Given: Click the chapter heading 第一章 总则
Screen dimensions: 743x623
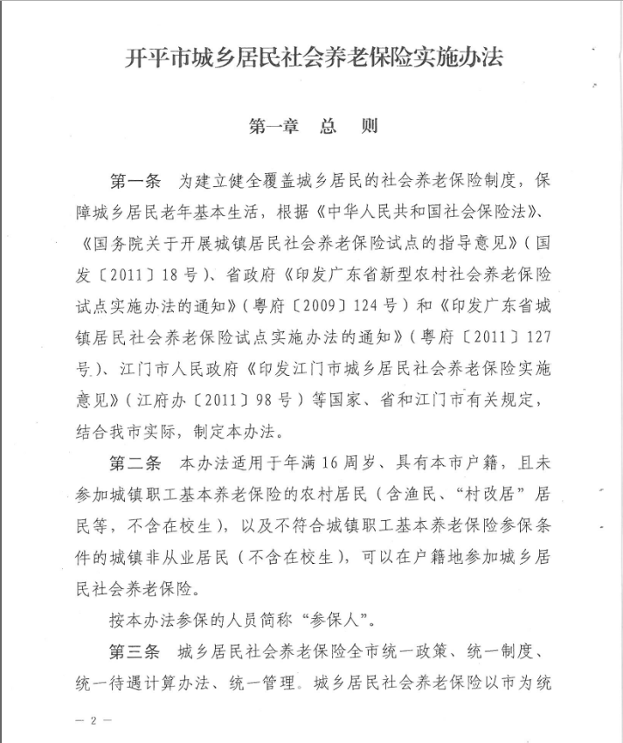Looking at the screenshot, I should click(314, 126).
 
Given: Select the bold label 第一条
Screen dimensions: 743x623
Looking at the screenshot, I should click(134, 181).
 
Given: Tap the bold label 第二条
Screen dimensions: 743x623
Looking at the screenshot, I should click(134, 461).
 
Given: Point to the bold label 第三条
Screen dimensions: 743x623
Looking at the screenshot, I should click(134, 651).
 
